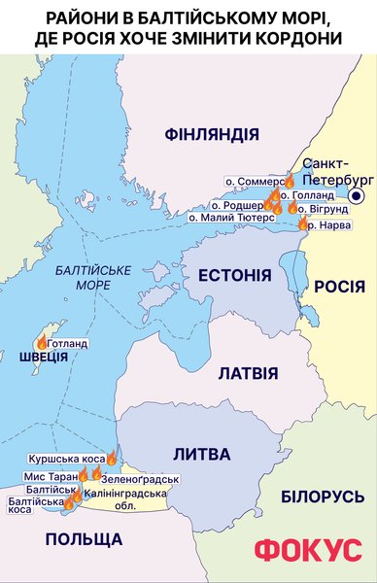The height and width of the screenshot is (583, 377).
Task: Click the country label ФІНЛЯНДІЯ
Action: pyautogui.click(x=212, y=133)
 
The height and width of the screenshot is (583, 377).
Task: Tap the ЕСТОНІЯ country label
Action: pyautogui.click(x=234, y=276)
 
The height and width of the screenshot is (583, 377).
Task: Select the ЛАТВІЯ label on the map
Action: pyautogui.click(x=248, y=373)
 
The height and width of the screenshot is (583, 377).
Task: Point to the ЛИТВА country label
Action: pyautogui.click(x=201, y=454)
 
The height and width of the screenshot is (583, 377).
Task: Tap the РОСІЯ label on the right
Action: pyautogui.click(x=339, y=287)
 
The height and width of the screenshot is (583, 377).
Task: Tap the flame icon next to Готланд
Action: pyautogui.click(x=41, y=342)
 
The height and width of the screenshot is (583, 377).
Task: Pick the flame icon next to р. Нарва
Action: pyautogui.click(x=303, y=224)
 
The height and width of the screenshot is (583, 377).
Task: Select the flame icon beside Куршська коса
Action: pyautogui.click(x=112, y=458)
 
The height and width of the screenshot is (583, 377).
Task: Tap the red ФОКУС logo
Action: pyautogui.click(x=307, y=550)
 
